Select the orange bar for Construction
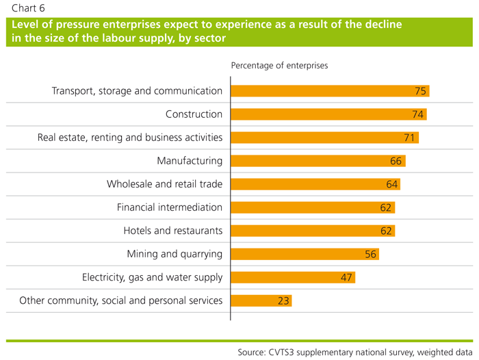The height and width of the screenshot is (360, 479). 328,114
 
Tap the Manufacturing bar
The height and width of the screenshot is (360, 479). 318,161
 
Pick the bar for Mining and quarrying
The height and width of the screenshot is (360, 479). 305,254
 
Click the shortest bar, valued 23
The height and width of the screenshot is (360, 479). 261,300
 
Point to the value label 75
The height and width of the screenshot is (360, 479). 421,91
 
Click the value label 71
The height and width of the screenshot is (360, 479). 410,138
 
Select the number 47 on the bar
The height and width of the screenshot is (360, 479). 347,277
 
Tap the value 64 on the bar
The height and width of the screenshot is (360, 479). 391,184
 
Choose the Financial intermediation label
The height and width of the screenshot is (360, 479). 170,207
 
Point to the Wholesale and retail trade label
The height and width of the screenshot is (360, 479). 164,184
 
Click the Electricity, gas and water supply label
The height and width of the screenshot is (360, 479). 152,277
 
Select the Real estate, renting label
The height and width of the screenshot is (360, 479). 130,138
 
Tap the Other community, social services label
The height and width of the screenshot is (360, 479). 120,300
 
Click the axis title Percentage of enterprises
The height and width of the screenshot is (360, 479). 280,66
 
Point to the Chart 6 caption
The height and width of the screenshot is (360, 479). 26,8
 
